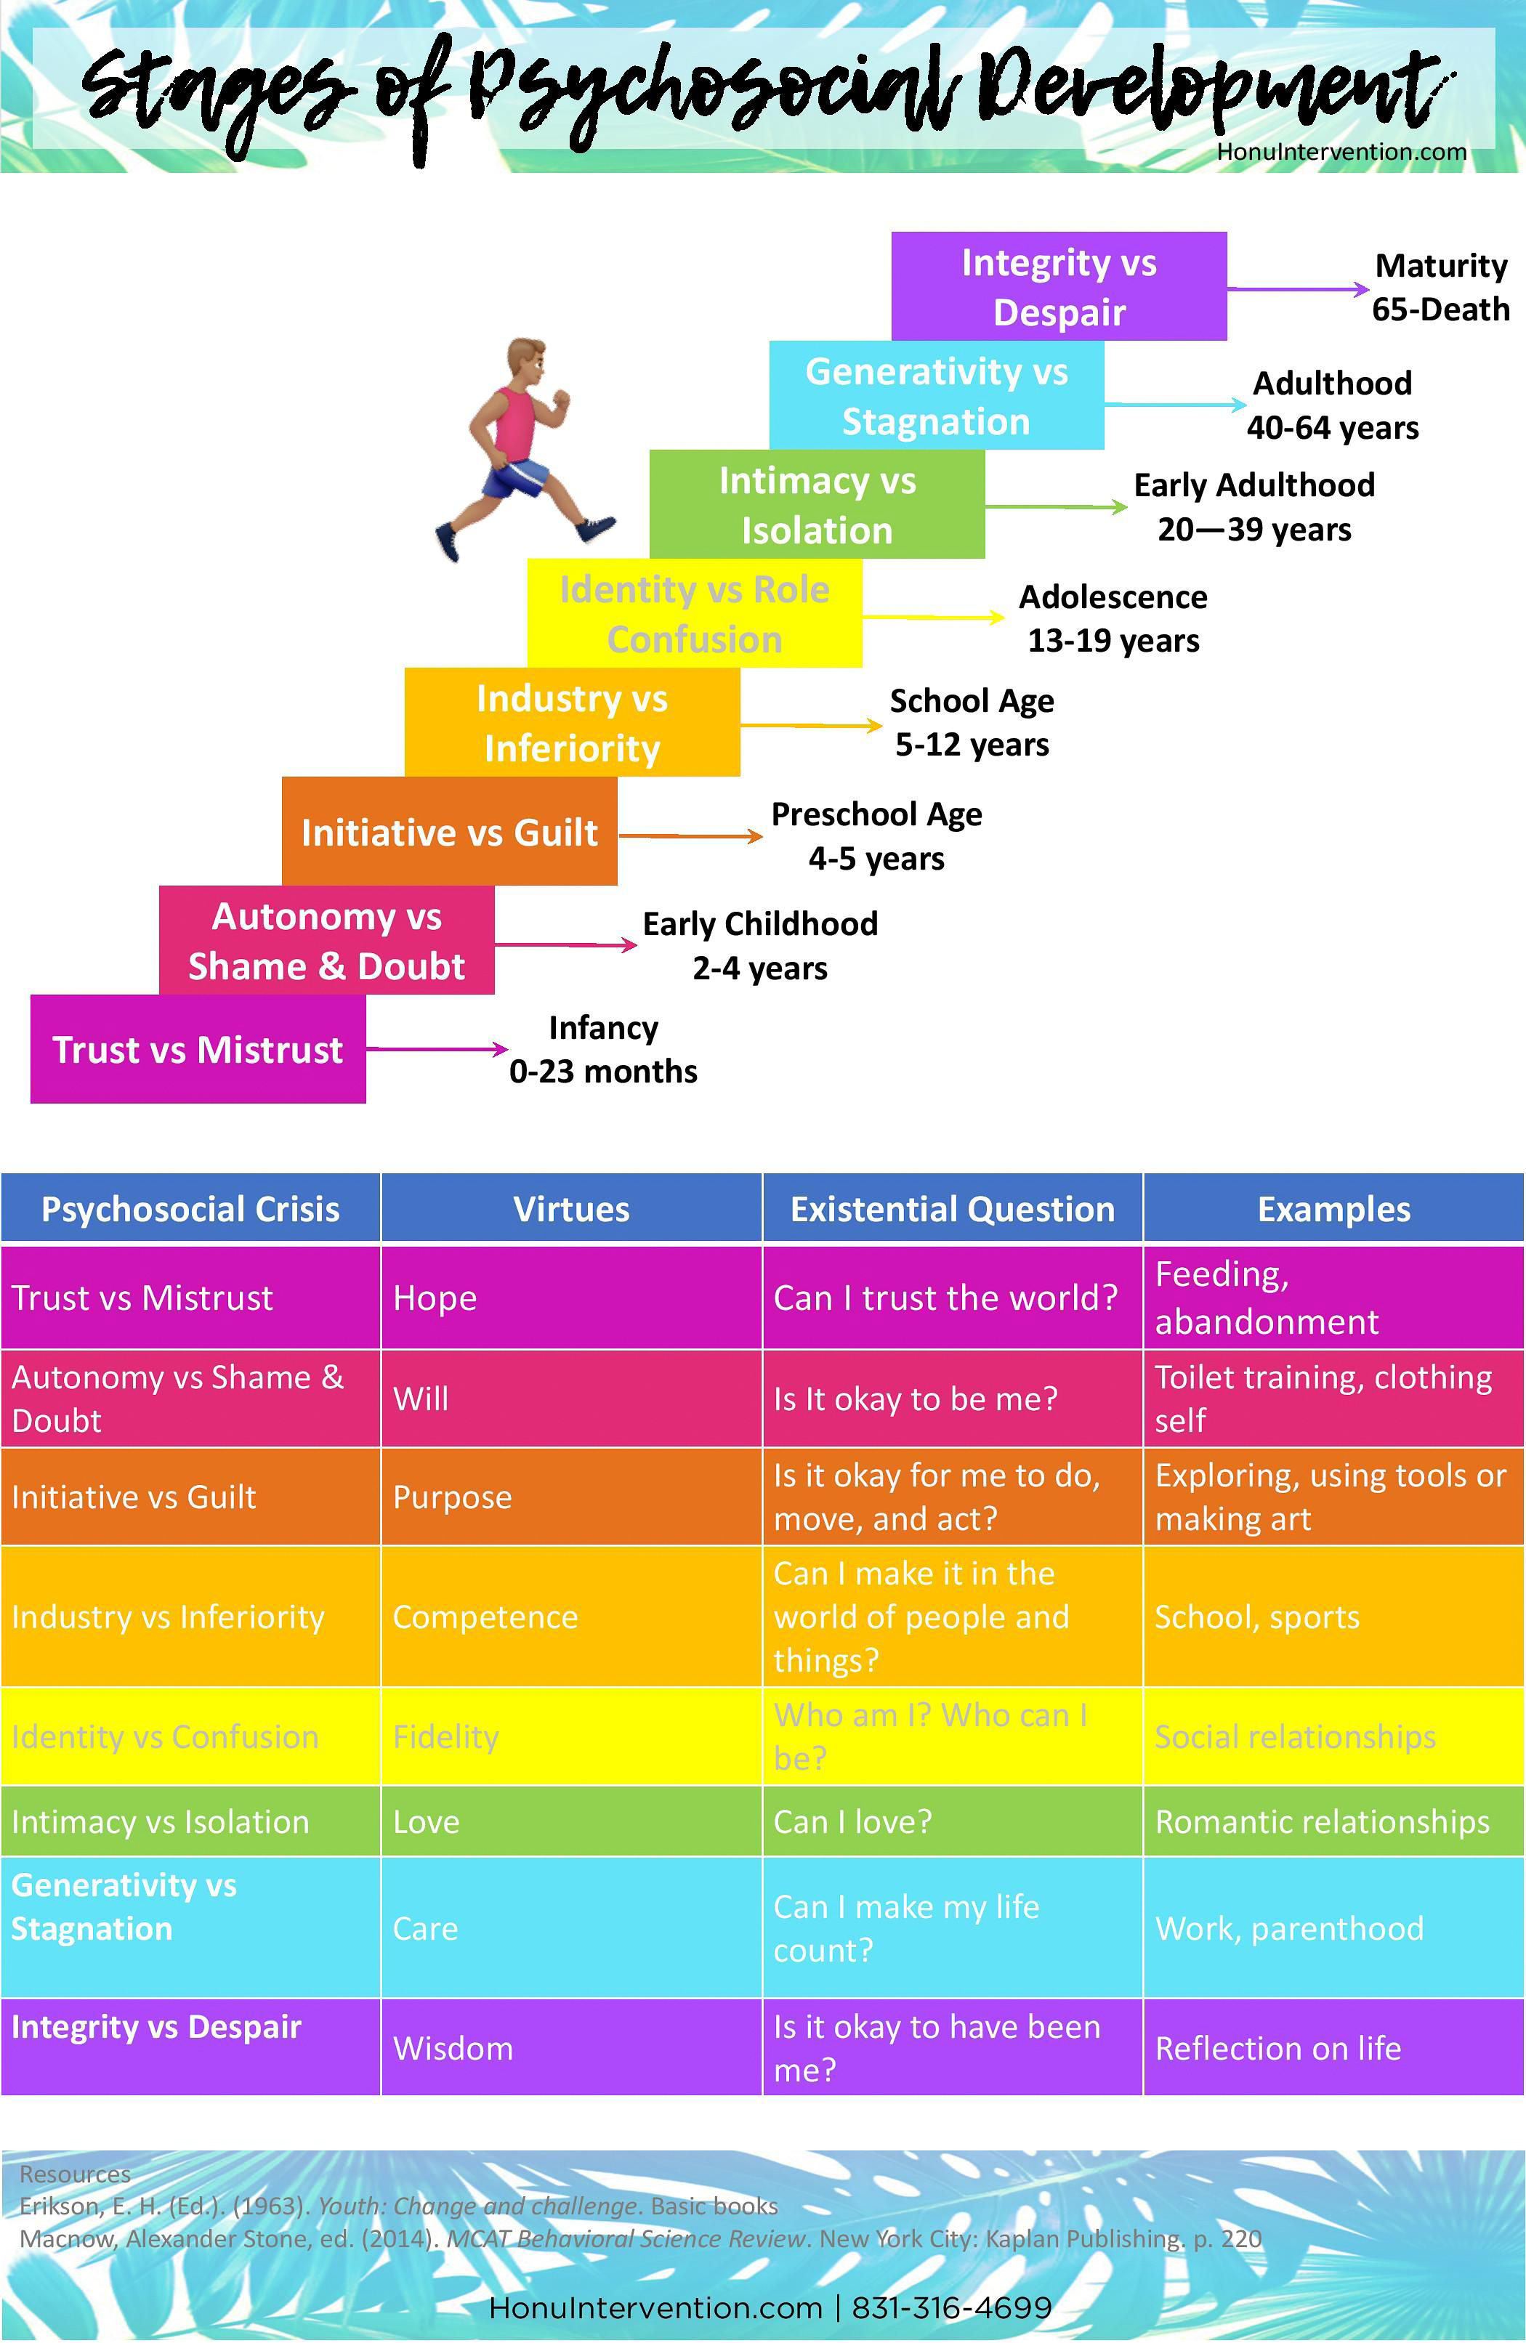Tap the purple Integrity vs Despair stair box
point(1058,286)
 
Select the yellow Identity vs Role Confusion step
point(694,613)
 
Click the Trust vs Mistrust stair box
point(198,1049)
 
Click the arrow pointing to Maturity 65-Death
point(1298,289)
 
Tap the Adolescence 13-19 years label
point(1113,618)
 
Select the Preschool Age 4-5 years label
point(876,835)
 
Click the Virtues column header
point(571,1209)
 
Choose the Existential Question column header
point(952,1209)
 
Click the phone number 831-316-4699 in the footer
point(951,2307)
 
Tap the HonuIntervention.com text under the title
point(1341,153)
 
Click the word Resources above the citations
point(75,2174)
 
